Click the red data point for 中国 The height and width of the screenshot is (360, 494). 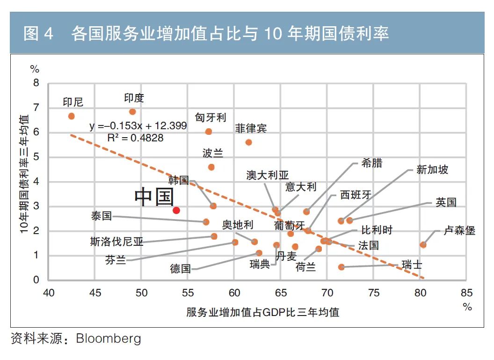point(176,210)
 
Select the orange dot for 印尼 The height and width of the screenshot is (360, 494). point(72,116)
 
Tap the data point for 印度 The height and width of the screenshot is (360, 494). point(132,111)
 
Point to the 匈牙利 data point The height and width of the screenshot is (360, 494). point(209,132)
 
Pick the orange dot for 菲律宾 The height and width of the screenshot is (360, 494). point(248,142)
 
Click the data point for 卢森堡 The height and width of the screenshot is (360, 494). point(423,244)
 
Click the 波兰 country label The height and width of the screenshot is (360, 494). point(212,153)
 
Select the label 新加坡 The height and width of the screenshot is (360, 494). point(432,169)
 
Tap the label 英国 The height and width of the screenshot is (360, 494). point(445,202)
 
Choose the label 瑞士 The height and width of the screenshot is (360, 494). point(412,265)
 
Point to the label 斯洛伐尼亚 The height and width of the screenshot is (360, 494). point(116,242)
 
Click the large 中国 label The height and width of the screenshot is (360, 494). point(154,197)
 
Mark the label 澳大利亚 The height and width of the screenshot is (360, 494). point(268,175)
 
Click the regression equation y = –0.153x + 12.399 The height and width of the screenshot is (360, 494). point(138,126)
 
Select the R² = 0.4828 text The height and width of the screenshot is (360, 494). point(136,138)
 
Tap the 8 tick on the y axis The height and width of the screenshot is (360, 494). point(36,83)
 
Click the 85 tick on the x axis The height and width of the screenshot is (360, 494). point(466,294)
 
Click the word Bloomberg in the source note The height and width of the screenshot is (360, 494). point(109,338)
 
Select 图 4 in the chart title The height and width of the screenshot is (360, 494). point(38,34)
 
